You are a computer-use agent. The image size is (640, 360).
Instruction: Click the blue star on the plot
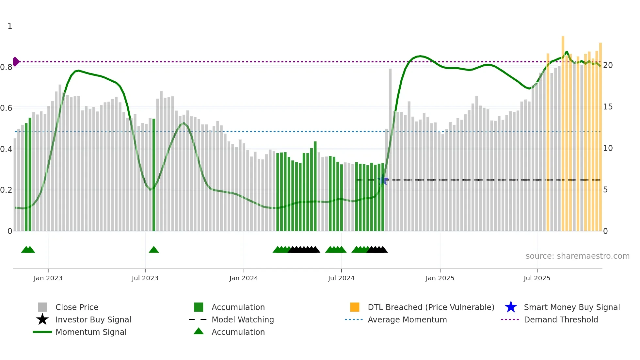(x=383, y=180)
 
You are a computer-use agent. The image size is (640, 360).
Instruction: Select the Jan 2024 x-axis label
(x=244, y=278)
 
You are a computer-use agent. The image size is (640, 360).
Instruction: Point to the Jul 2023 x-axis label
(x=145, y=278)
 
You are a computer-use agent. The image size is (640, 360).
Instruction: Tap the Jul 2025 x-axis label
(x=537, y=278)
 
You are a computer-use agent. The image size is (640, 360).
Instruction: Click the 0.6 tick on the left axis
(x=7, y=108)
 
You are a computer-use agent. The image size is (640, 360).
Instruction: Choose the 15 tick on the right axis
(x=608, y=107)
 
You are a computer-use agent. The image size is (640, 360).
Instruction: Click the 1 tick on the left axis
(x=10, y=26)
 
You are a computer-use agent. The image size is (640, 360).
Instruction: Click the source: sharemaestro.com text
(x=577, y=256)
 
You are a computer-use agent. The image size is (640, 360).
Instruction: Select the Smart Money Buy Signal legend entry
(x=571, y=307)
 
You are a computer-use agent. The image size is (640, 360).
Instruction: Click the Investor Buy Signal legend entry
(x=93, y=319)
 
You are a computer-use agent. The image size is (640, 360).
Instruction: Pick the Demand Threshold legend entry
(x=561, y=319)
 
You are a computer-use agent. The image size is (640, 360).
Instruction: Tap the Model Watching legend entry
(x=242, y=319)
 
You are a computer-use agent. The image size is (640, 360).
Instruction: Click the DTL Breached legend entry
(x=431, y=307)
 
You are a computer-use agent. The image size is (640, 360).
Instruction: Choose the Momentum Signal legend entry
(x=91, y=332)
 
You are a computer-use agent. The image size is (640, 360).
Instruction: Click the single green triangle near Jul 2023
(x=154, y=250)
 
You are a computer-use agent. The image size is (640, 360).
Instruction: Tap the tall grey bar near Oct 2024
(x=390, y=150)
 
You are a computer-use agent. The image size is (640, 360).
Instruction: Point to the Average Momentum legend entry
(x=407, y=319)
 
